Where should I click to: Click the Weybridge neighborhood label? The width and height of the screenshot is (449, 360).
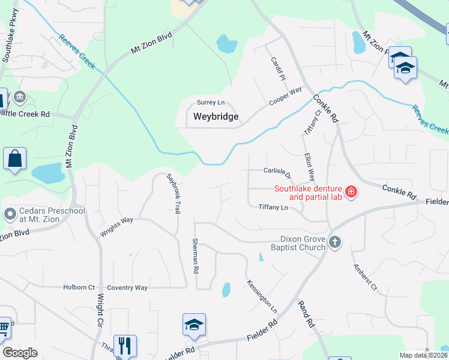tap(215, 116)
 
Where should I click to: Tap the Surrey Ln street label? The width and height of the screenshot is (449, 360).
tap(210, 103)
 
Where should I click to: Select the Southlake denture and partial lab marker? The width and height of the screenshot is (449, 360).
tap(351, 193)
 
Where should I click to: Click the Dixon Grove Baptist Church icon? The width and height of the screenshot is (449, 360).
tap(335, 242)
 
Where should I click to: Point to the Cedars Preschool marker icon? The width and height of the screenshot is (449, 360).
tap(9, 214)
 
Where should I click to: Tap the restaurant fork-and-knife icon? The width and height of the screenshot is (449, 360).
tap(125, 346)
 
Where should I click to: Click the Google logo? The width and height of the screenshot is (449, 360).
tap(20, 353)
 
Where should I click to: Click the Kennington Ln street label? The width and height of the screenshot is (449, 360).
tap(262, 296)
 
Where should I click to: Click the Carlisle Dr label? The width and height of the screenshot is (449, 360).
tap(277, 173)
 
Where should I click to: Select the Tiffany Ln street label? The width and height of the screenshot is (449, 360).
tap(273, 208)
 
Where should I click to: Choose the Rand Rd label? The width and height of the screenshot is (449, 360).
tap(306, 313)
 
